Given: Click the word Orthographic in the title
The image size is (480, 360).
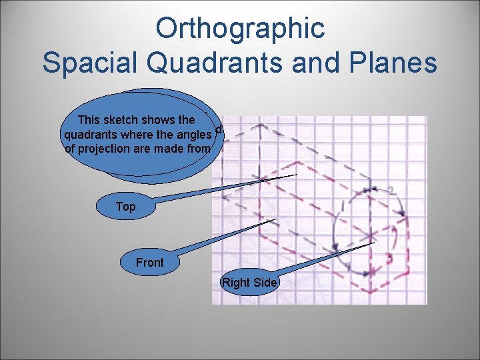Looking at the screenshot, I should point(239,28).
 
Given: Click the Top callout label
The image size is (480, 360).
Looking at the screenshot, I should point(125,207).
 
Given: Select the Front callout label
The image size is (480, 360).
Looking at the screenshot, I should point(149,263).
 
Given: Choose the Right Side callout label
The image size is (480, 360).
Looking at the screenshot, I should point(249,283).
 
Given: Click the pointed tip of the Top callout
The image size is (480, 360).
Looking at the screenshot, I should point(296,175).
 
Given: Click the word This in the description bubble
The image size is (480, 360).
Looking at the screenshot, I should point(89,120).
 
